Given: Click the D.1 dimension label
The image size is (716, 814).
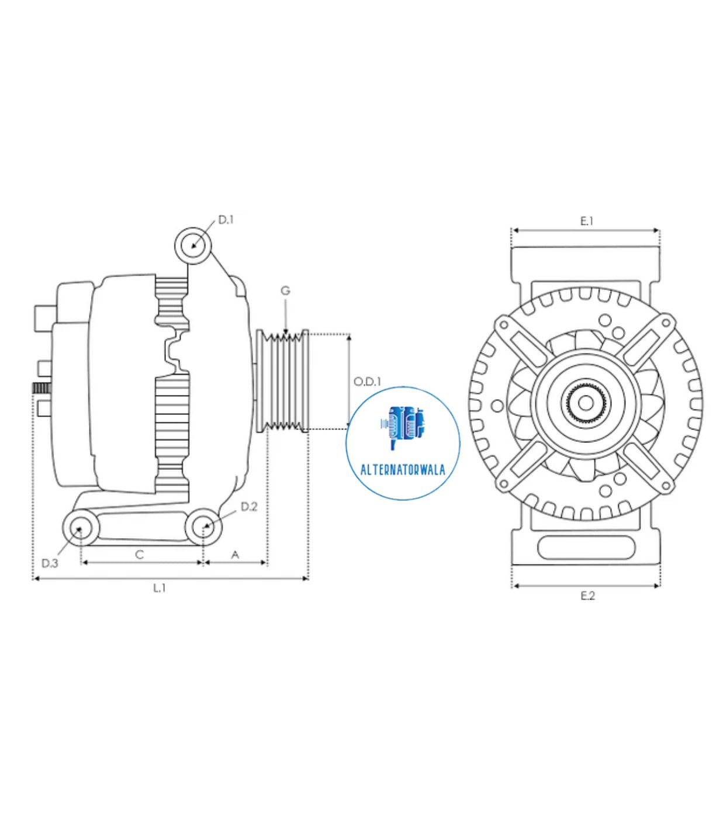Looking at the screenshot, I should click(226, 220).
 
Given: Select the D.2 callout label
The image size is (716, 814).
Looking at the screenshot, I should click(249, 507).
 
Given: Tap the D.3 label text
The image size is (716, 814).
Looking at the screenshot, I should click(50, 563).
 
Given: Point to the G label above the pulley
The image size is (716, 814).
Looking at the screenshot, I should click(285, 290).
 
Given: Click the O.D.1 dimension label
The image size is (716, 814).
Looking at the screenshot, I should click(367, 382).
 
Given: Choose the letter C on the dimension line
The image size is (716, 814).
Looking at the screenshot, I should click(139, 554).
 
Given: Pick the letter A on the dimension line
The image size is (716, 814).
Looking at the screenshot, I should click(235, 554).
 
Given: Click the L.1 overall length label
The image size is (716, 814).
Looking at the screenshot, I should click(159, 588).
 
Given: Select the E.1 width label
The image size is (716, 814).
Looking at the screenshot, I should click(587, 221).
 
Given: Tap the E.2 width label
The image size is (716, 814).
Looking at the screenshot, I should click(587, 595).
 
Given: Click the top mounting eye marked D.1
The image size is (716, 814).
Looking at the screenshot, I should click(193, 244).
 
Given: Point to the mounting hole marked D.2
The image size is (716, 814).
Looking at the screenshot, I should click(203, 526).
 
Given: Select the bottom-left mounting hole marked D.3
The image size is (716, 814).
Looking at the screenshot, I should click(79, 528).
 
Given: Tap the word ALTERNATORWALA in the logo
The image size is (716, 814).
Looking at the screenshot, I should click(403, 469).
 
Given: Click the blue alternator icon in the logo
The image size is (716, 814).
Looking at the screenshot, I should click(403, 425).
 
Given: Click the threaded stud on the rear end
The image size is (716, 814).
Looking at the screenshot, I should click(41, 388).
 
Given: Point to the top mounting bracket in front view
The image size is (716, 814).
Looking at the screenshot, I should click(586, 263).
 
